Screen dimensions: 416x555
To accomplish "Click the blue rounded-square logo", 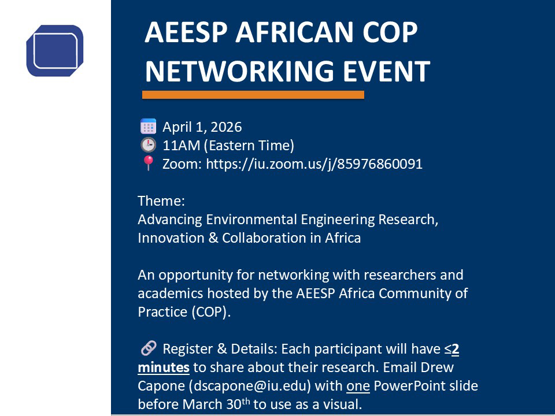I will pyautogui.click(x=55, y=50).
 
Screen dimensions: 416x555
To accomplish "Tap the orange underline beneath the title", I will pyautogui.click(x=253, y=95).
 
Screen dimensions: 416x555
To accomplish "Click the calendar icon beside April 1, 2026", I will pyautogui.click(x=149, y=127).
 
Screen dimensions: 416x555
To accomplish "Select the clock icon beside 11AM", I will pyautogui.click(x=149, y=145).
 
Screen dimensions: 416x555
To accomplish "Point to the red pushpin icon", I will pyautogui.click(x=148, y=164).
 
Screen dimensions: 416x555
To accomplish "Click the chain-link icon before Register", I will pyautogui.click(x=149, y=348).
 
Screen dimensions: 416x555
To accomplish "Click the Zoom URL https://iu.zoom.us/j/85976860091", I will pyautogui.click(x=314, y=164).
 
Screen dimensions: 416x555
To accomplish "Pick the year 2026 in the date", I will pyautogui.click(x=226, y=127).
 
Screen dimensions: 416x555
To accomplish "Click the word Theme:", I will pyautogui.click(x=161, y=201).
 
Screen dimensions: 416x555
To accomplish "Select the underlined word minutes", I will pyautogui.click(x=164, y=367).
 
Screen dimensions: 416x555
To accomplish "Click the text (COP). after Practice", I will pyautogui.click(x=211, y=312).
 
